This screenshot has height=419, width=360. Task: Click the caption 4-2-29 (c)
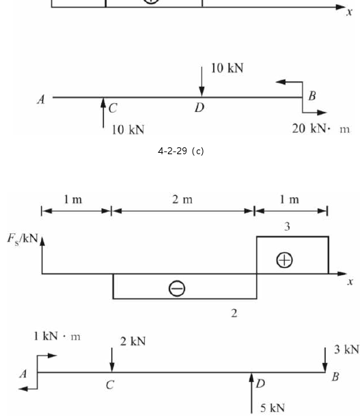click(181, 151)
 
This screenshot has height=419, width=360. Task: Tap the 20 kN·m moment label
click(320, 129)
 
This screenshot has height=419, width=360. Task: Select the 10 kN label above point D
click(227, 68)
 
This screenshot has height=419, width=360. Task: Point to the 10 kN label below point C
click(128, 130)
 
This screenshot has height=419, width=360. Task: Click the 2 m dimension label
click(182, 200)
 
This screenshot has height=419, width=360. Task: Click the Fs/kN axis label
click(23, 239)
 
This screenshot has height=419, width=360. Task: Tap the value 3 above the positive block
click(287, 227)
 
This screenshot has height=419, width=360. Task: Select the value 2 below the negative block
click(234, 313)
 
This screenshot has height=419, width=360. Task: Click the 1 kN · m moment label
click(57, 336)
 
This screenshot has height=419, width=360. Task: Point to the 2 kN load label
click(133, 341)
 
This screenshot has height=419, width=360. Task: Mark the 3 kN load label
click(346, 349)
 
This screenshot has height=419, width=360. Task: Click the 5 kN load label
click(273, 408)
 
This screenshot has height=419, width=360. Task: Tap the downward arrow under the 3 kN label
click(325, 360)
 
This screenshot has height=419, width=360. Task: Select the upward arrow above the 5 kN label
click(251, 393)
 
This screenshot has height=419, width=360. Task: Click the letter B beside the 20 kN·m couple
click(312, 96)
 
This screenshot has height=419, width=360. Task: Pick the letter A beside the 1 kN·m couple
click(23, 374)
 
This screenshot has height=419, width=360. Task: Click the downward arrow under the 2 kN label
click(112, 360)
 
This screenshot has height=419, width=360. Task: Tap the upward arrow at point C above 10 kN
click(103, 113)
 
